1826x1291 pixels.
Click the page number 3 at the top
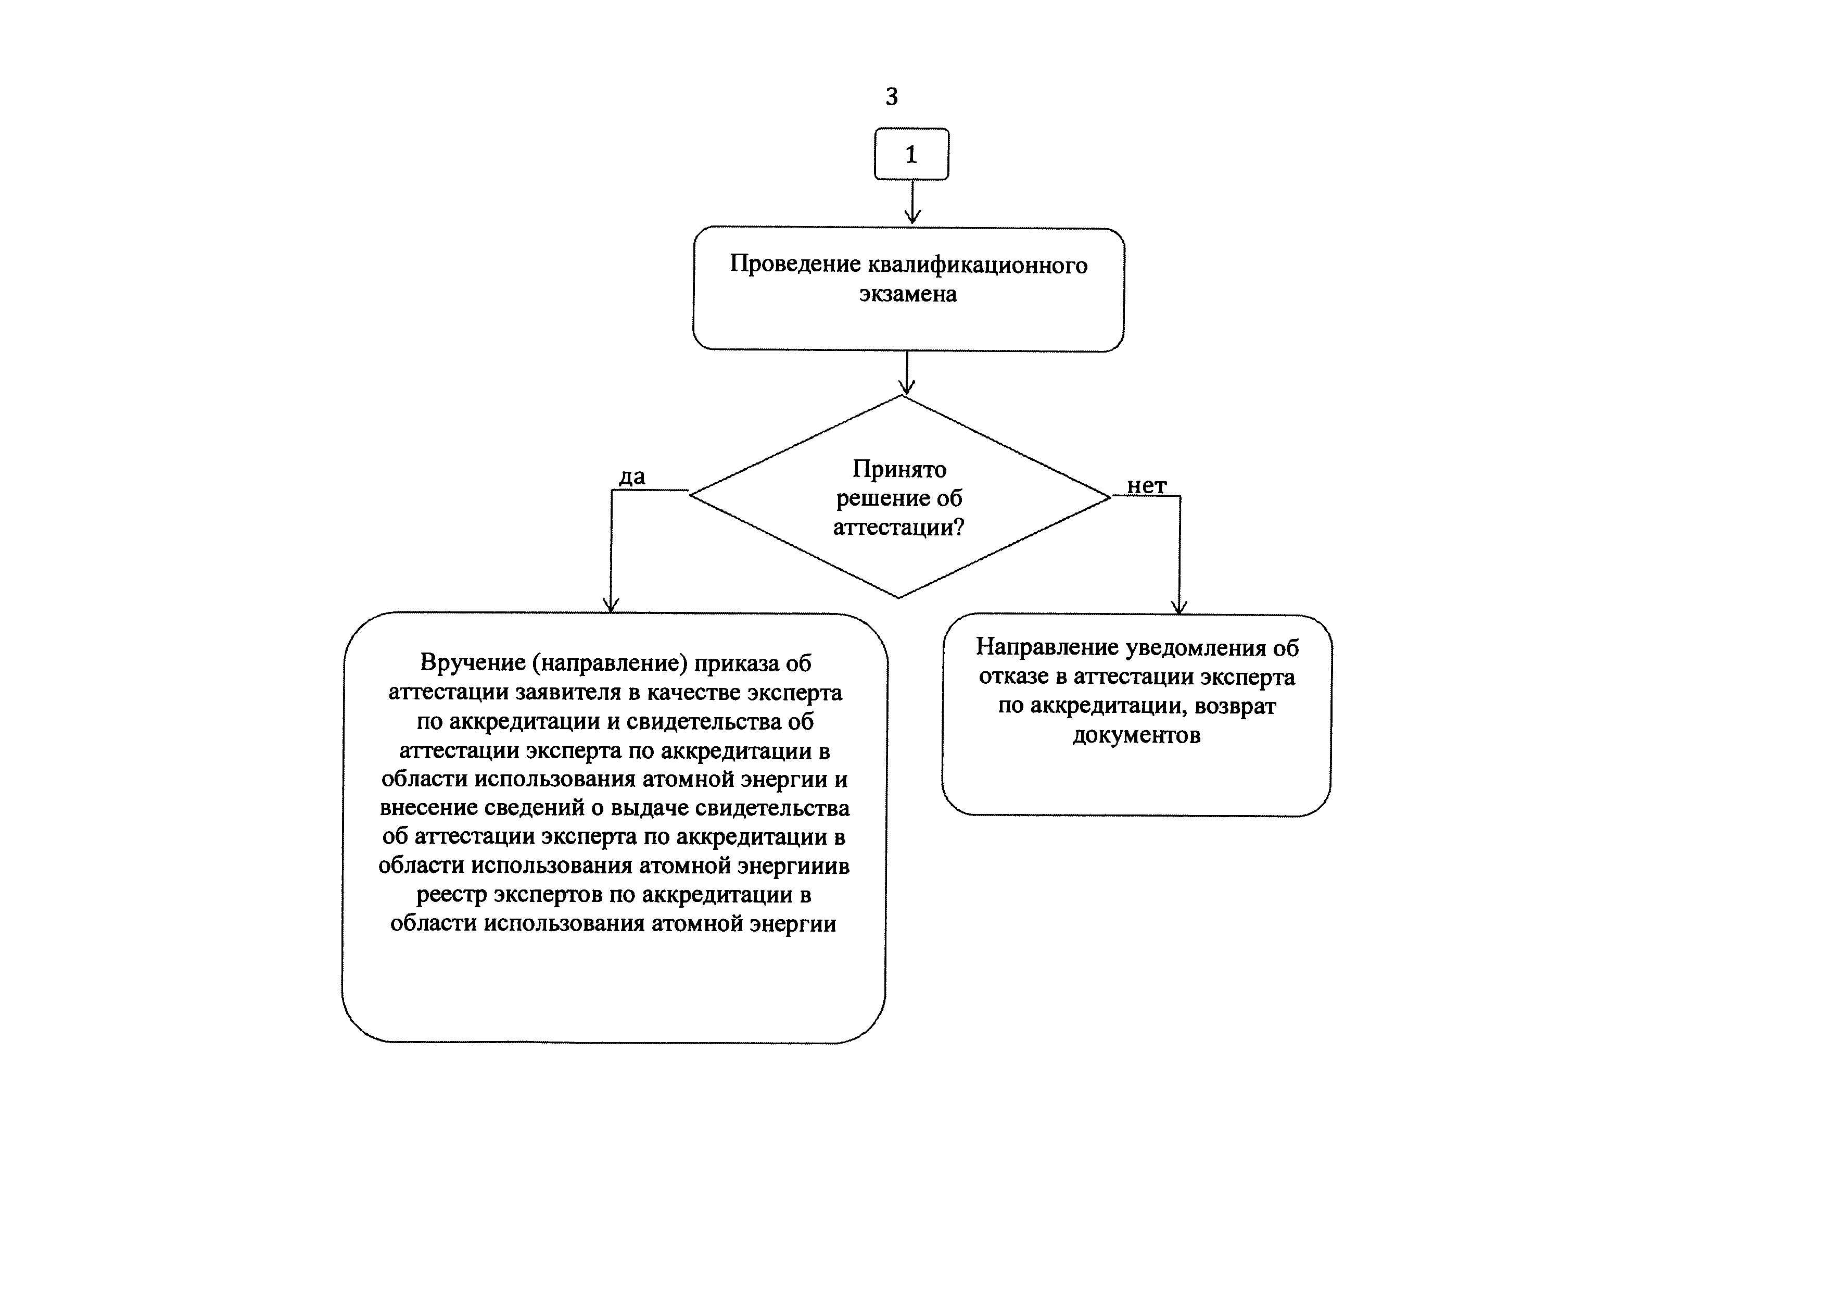coord(892,96)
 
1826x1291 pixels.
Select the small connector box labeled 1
coord(911,154)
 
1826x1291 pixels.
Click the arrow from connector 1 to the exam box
coord(912,202)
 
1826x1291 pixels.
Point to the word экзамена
coord(907,294)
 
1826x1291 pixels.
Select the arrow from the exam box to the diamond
coord(907,373)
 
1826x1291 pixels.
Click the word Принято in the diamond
coord(899,469)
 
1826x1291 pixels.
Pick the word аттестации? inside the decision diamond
coord(898,528)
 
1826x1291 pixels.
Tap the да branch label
coord(632,477)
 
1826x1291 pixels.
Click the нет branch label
coord(1147,485)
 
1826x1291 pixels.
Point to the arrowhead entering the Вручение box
coord(611,605)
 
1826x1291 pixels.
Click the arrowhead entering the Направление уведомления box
coord(1180,606)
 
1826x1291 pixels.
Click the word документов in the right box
coord(1136,736)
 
